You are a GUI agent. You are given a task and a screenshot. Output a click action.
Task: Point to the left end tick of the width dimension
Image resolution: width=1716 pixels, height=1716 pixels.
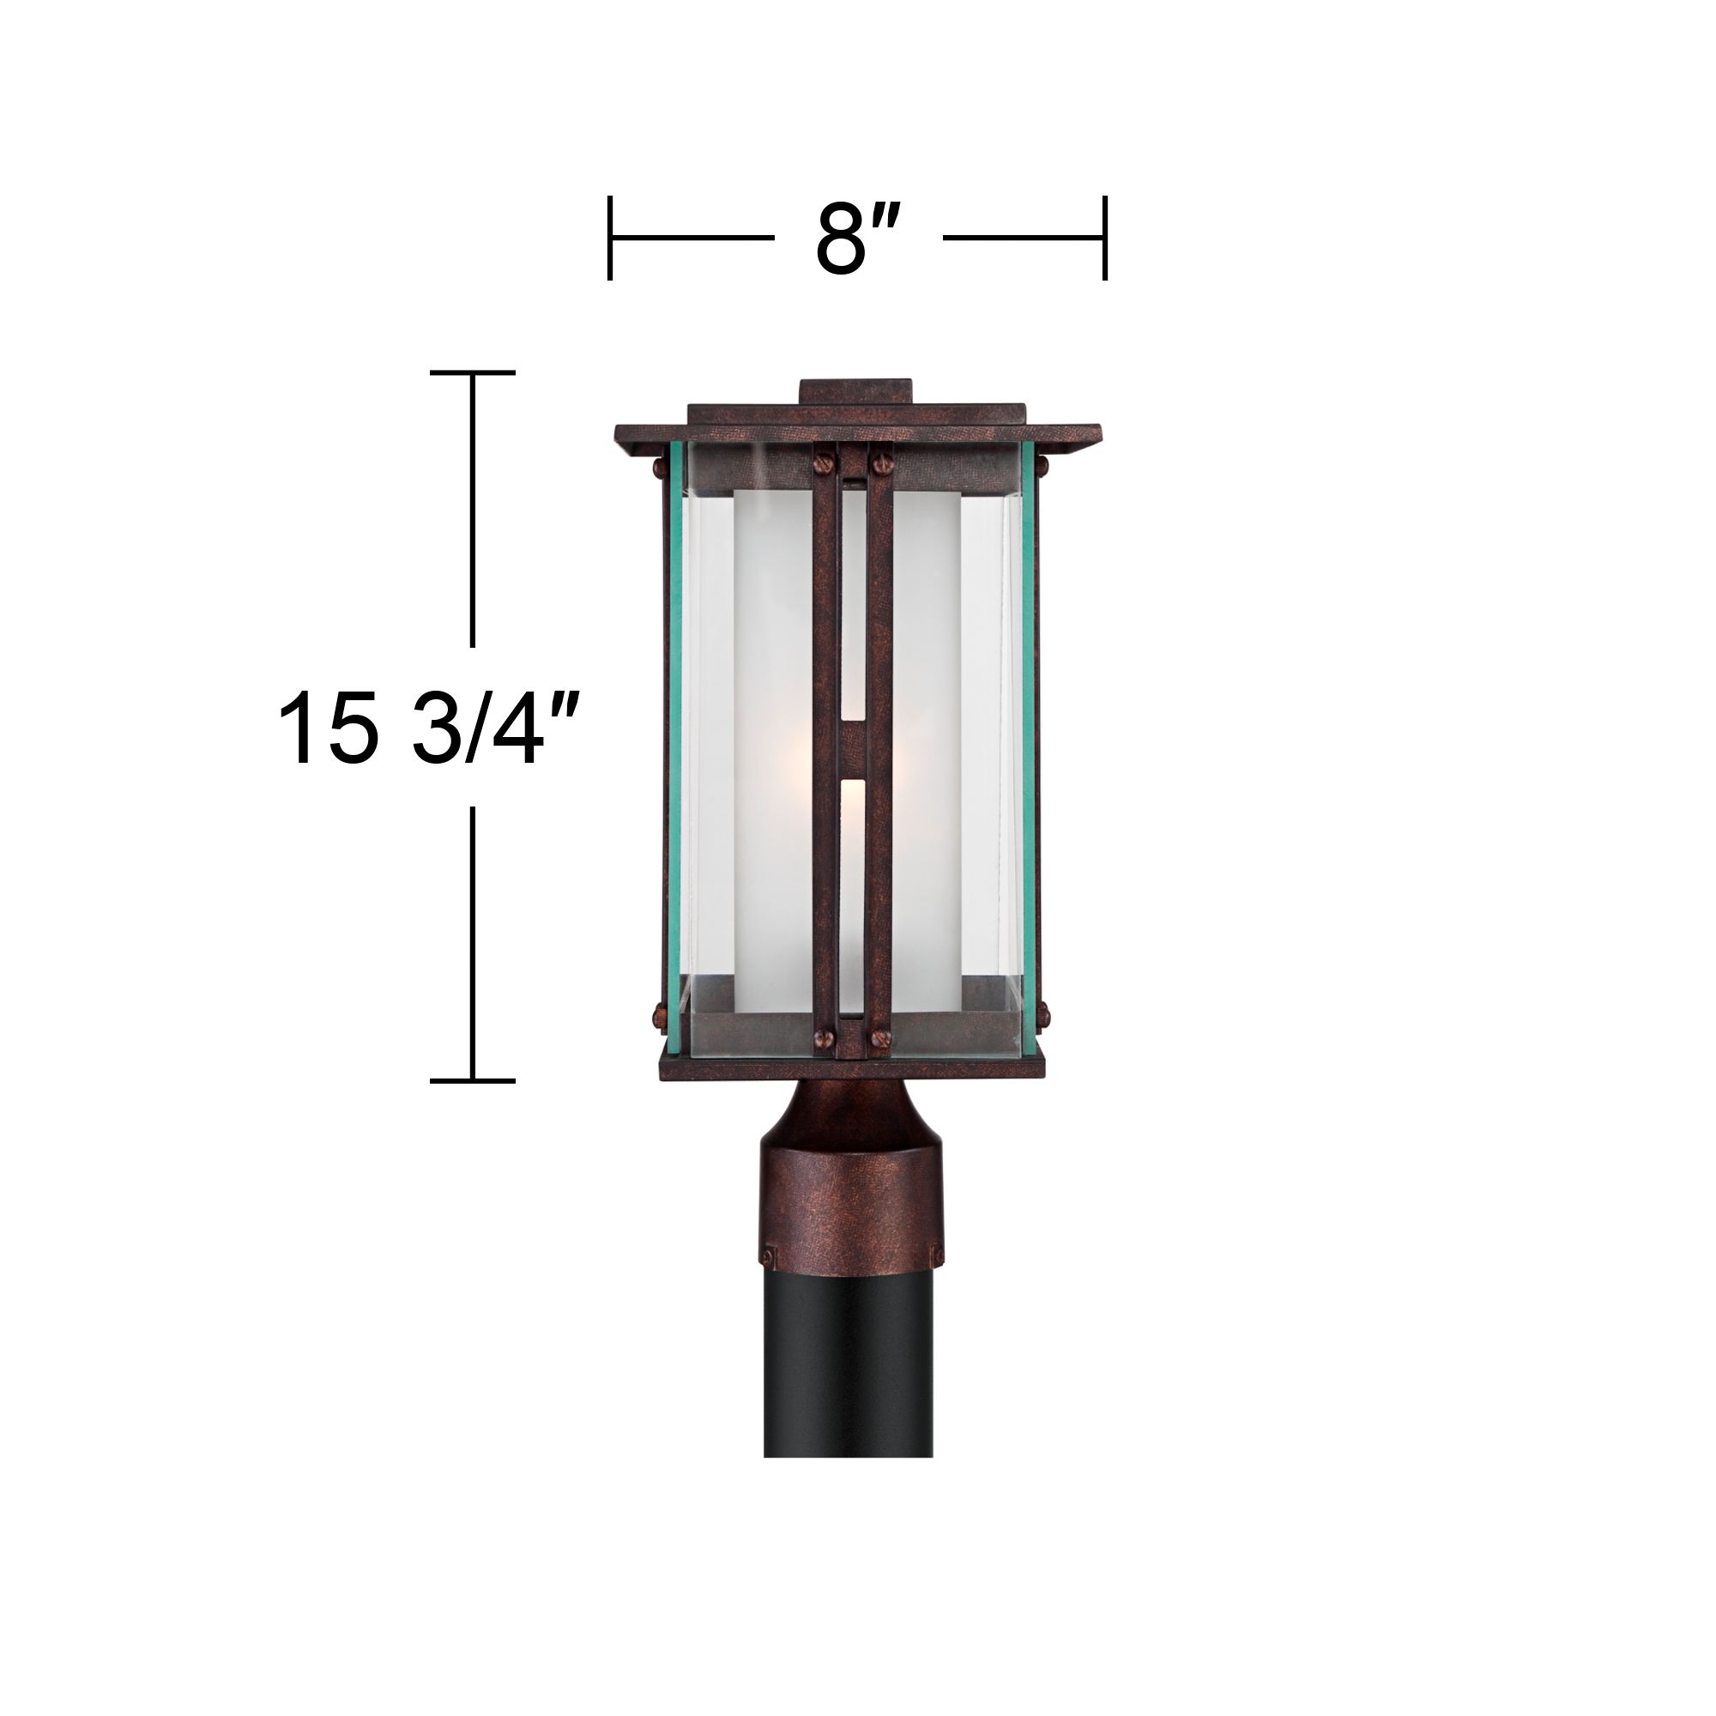point(610,238)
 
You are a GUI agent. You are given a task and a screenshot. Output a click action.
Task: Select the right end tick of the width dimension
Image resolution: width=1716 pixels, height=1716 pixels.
point(1105,238)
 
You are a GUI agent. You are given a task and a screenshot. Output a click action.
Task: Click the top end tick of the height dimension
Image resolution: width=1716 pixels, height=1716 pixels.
point(473,373)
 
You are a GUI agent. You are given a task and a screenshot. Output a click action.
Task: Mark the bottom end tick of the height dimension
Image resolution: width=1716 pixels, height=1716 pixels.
point(473,1081)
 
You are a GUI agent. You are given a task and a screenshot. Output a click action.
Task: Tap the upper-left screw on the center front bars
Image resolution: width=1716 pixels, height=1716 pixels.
point(823,461)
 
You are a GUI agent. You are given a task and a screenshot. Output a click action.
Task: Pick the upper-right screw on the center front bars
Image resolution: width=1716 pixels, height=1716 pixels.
point(882,461)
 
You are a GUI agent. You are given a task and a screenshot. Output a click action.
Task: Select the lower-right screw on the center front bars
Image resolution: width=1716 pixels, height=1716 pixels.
point(883,1036)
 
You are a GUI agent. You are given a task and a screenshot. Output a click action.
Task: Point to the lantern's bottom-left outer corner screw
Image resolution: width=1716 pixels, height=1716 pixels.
point(660,1012)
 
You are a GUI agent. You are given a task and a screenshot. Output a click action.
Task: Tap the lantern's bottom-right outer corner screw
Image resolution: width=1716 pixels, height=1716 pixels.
point(1042,1012)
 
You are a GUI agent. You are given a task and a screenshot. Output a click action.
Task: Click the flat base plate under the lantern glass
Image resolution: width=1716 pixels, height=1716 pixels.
point(851,1068)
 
